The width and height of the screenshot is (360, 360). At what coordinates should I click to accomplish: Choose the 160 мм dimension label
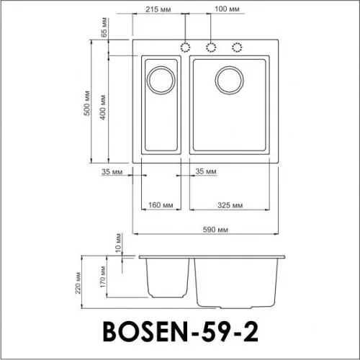(x=158, y=204)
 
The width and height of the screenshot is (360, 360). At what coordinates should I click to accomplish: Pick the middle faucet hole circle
(x=212, y=48)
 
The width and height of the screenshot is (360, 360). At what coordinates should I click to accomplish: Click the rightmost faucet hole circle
(x=236, y=48)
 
